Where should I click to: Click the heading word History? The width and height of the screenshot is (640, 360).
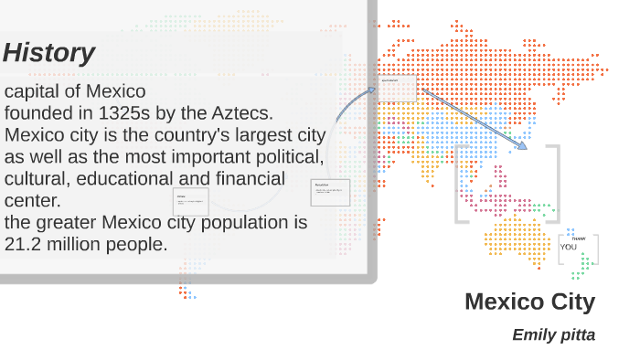(x=48, y=53)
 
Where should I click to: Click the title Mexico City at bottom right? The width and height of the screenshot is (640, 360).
(x=529, y=302)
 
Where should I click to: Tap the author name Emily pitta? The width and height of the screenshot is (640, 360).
(x=553, y=334)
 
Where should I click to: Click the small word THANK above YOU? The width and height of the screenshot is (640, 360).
(x=578, y=238)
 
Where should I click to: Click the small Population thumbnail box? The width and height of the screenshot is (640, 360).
(x=330, y=192)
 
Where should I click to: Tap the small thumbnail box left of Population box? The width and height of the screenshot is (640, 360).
(x=190, y=202)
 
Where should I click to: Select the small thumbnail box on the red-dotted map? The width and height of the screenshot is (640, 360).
(x=398, y=88)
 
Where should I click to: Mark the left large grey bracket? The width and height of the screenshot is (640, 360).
(x=460, y=184)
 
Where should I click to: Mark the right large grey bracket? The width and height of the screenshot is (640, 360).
(x=554, y=184)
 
